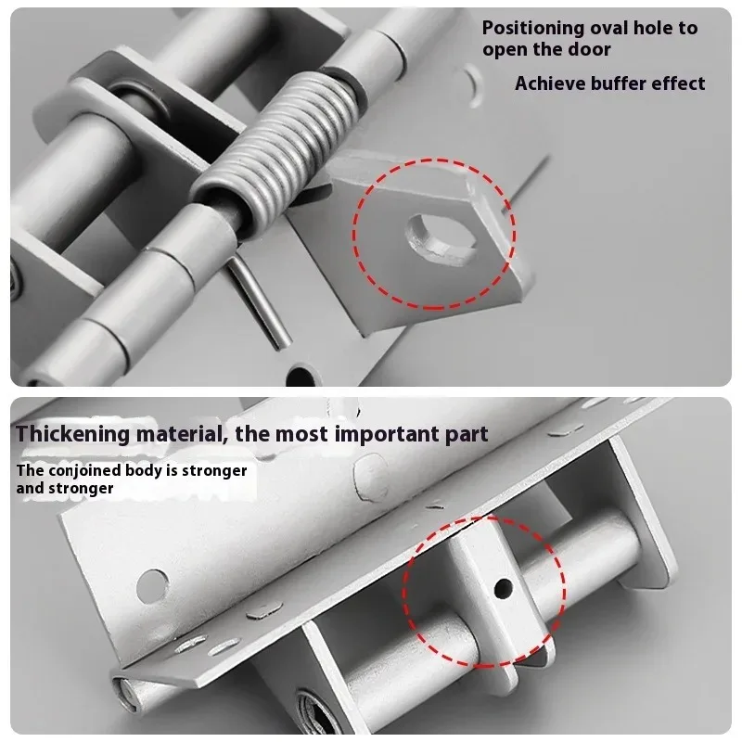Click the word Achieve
(x=551, y=83)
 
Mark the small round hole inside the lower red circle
(x=503, y=586)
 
